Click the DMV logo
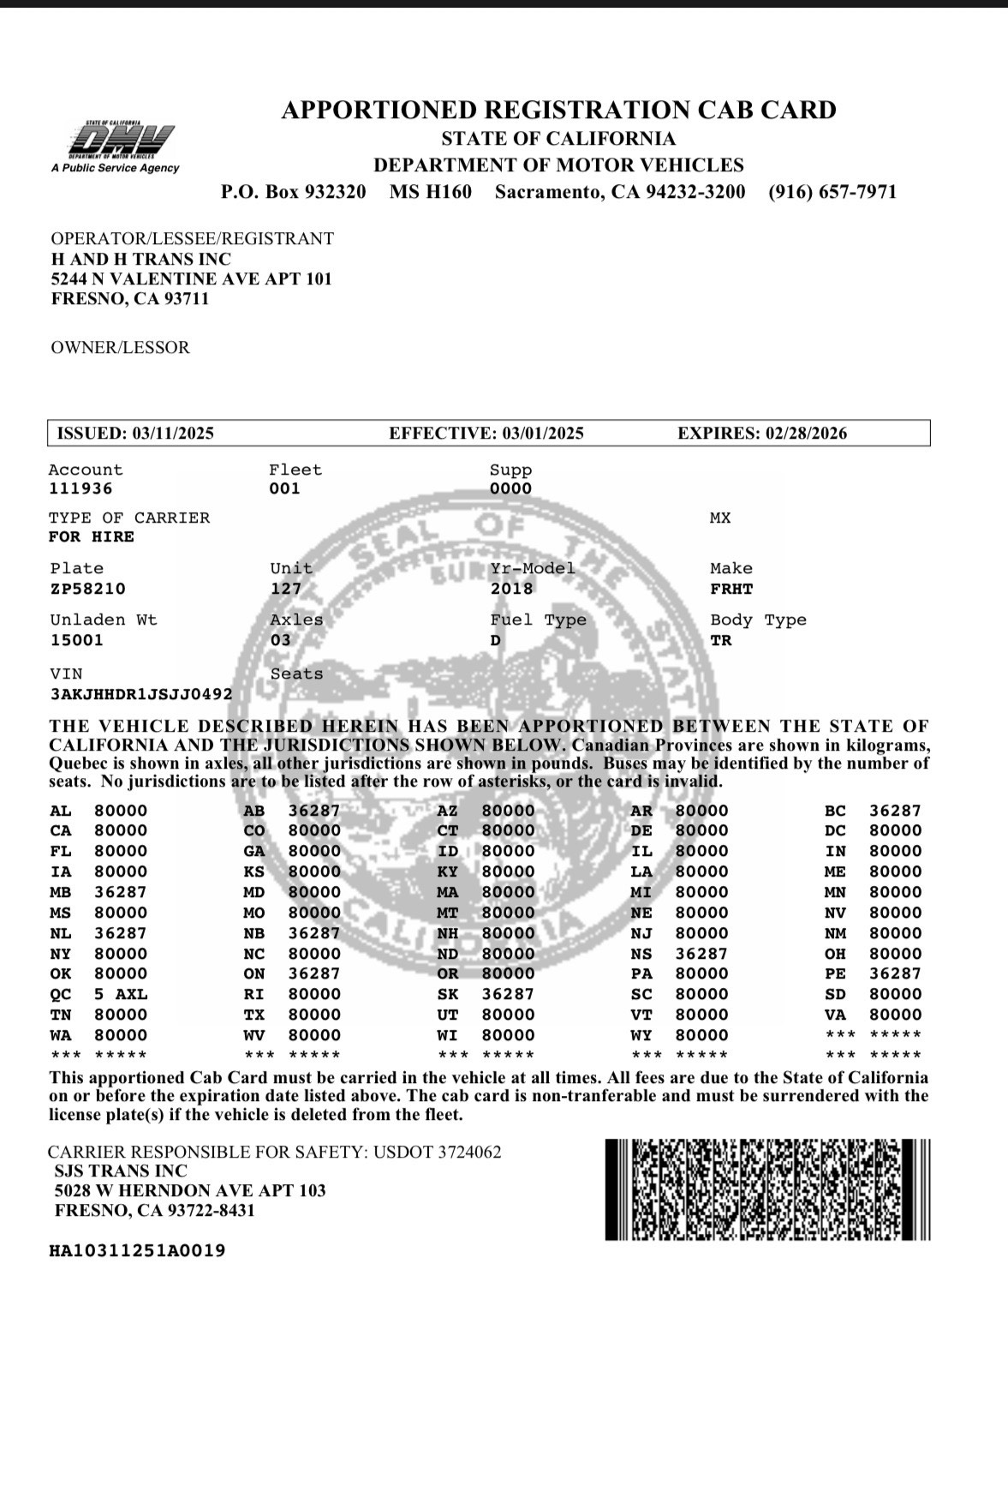tap(122, 141)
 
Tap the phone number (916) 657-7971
tap(832, 191)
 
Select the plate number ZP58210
tap(87, 589)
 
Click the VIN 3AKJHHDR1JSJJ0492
tap(141, 694)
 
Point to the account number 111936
tap(81, 488)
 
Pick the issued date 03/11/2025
tap(172, 434)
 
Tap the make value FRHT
tap(731, 589)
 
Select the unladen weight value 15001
tap(76, 640)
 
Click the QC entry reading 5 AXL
tap(121, 994)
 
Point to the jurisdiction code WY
tap(641, 1035)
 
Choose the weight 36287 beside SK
tap(508, 994)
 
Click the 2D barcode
tap(767, 1189)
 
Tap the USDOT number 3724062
tap(469, 1153)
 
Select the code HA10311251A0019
tap(137, 1250)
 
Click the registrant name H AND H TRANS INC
tap(141, 259)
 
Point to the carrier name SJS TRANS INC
tap(120, 1171)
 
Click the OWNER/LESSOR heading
tap(120, 348)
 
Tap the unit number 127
tap(286, 589)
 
